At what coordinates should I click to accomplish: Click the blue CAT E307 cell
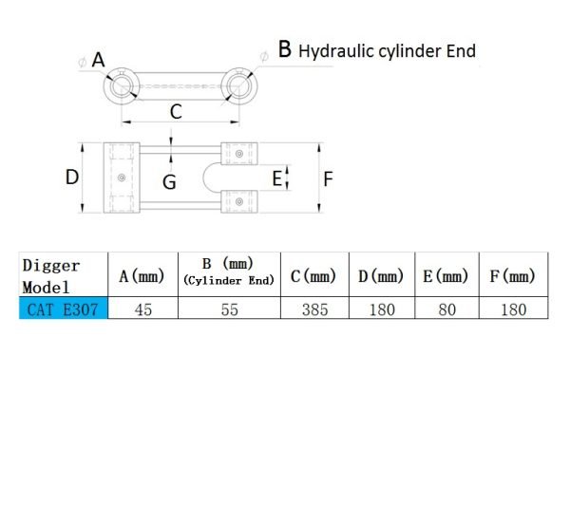pos(64,308)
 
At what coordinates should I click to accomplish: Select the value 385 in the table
pos(314,309)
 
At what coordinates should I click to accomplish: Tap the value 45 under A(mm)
pos(143,309)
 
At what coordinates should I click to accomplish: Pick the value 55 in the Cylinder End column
pos(229,309)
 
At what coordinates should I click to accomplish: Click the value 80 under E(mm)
pos(447,309)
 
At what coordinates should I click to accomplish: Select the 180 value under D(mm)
pos(382,309)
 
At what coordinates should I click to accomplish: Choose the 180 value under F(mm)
pos(514,309)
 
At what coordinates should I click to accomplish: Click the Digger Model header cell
pos(64,274)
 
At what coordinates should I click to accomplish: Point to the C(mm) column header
pos(313,276)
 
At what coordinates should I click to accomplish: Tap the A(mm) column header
pos(142,276)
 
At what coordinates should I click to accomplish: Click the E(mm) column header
pos(446,276)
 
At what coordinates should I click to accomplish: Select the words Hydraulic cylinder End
pos(387,51)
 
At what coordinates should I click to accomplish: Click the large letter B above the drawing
pos(285,48)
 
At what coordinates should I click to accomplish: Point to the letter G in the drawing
pos(169,182)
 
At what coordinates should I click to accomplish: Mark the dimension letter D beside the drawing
pos(72,178)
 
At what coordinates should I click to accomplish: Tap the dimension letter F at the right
pos(329,179)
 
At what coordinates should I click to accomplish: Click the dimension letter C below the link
pos(176,111)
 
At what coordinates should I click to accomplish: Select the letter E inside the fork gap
pos(277,178)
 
